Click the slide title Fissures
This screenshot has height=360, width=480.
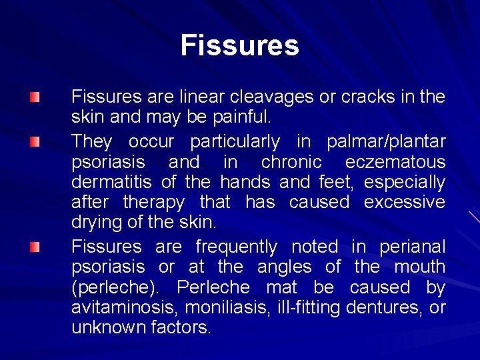tap(239, 46)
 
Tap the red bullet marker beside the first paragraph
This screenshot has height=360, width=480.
tap(35, 98)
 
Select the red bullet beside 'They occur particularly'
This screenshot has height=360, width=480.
tap(35, 142)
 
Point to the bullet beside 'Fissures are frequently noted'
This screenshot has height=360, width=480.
tap(35, 247)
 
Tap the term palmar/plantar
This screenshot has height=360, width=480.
tap(386, 142)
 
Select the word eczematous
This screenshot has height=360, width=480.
tap(395, 162)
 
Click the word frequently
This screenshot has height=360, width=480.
tap(237, 247)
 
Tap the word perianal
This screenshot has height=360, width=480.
tap(412, 247)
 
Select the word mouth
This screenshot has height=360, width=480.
tap(420, 267)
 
